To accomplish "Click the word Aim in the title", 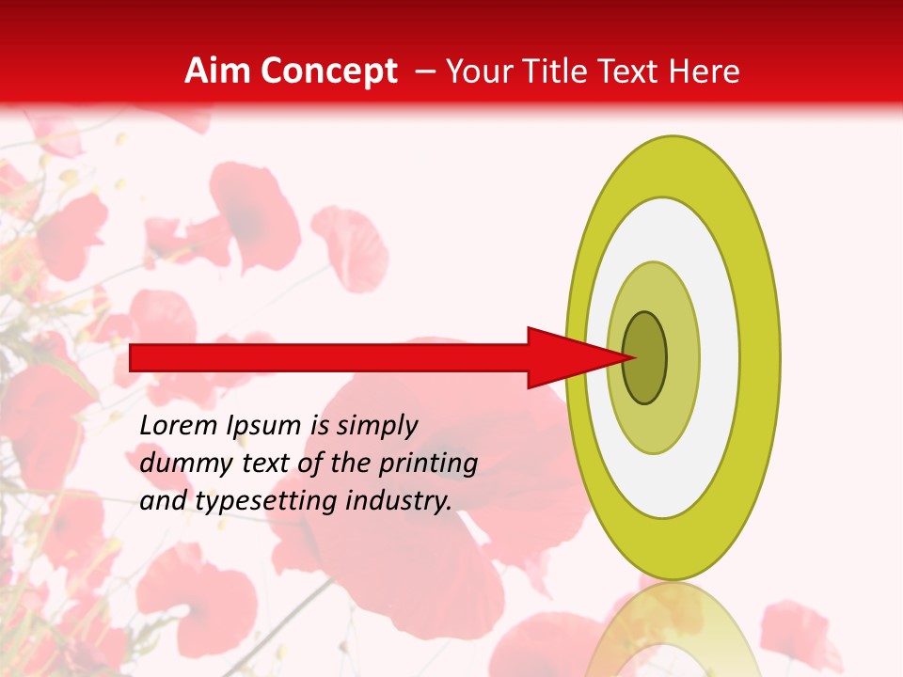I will [x=217, y=71].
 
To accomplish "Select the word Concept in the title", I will [x=328, y=71].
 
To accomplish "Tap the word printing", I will [x=428, y=464].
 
